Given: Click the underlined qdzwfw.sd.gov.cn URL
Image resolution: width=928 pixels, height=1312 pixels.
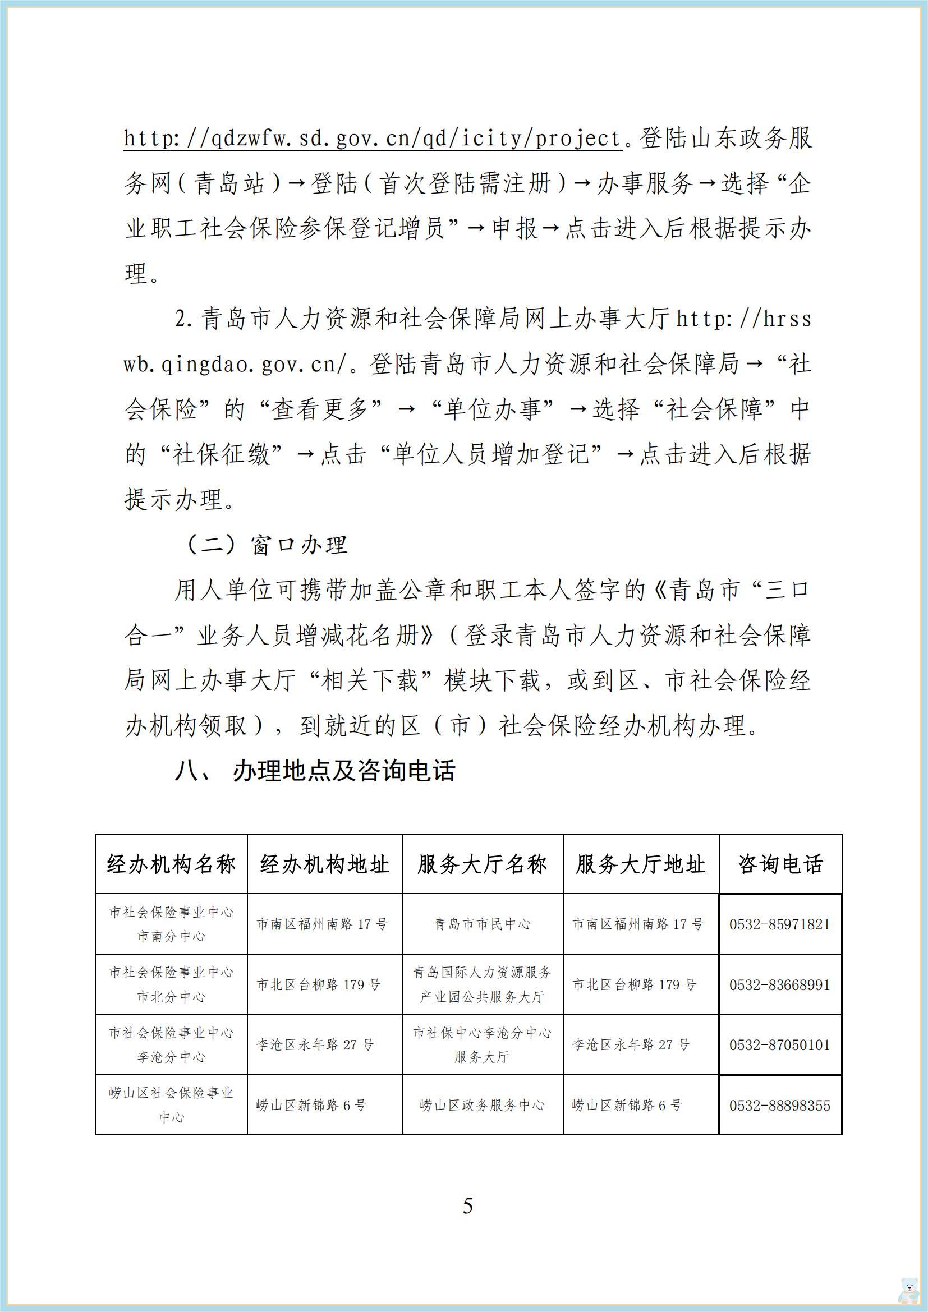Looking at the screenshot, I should coord(372,139).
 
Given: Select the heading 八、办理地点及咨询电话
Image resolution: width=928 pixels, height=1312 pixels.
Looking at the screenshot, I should coord(315,771).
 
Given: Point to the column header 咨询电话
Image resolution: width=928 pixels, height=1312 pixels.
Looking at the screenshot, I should coord(780,864).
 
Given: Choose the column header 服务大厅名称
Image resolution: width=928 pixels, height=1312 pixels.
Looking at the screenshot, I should coord(483,864).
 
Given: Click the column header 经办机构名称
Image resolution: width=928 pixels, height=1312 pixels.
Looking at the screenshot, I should coord(172,864).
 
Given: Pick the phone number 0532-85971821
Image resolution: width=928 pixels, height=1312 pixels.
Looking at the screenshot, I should coord(779,924).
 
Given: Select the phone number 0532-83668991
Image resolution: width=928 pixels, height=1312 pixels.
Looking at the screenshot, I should coord(779,984).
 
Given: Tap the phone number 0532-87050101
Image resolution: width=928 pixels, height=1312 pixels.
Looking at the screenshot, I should coord(779,1044).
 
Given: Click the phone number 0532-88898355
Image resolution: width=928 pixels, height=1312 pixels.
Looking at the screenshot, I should coord(779,1105).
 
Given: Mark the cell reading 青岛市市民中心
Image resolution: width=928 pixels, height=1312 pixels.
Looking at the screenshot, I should coord(483,924).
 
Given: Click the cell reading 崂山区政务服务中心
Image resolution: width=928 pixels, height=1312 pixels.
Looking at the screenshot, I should coord(483,1105).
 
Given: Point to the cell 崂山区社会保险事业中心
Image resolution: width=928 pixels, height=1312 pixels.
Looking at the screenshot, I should coord(172,1105).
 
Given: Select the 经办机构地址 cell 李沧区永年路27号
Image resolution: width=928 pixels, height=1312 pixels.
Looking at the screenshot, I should coord(315,1045).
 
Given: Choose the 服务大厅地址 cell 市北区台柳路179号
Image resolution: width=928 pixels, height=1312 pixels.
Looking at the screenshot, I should coord(635,984).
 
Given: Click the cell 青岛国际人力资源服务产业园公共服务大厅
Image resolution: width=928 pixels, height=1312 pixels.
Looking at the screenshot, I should coord(483,984).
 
